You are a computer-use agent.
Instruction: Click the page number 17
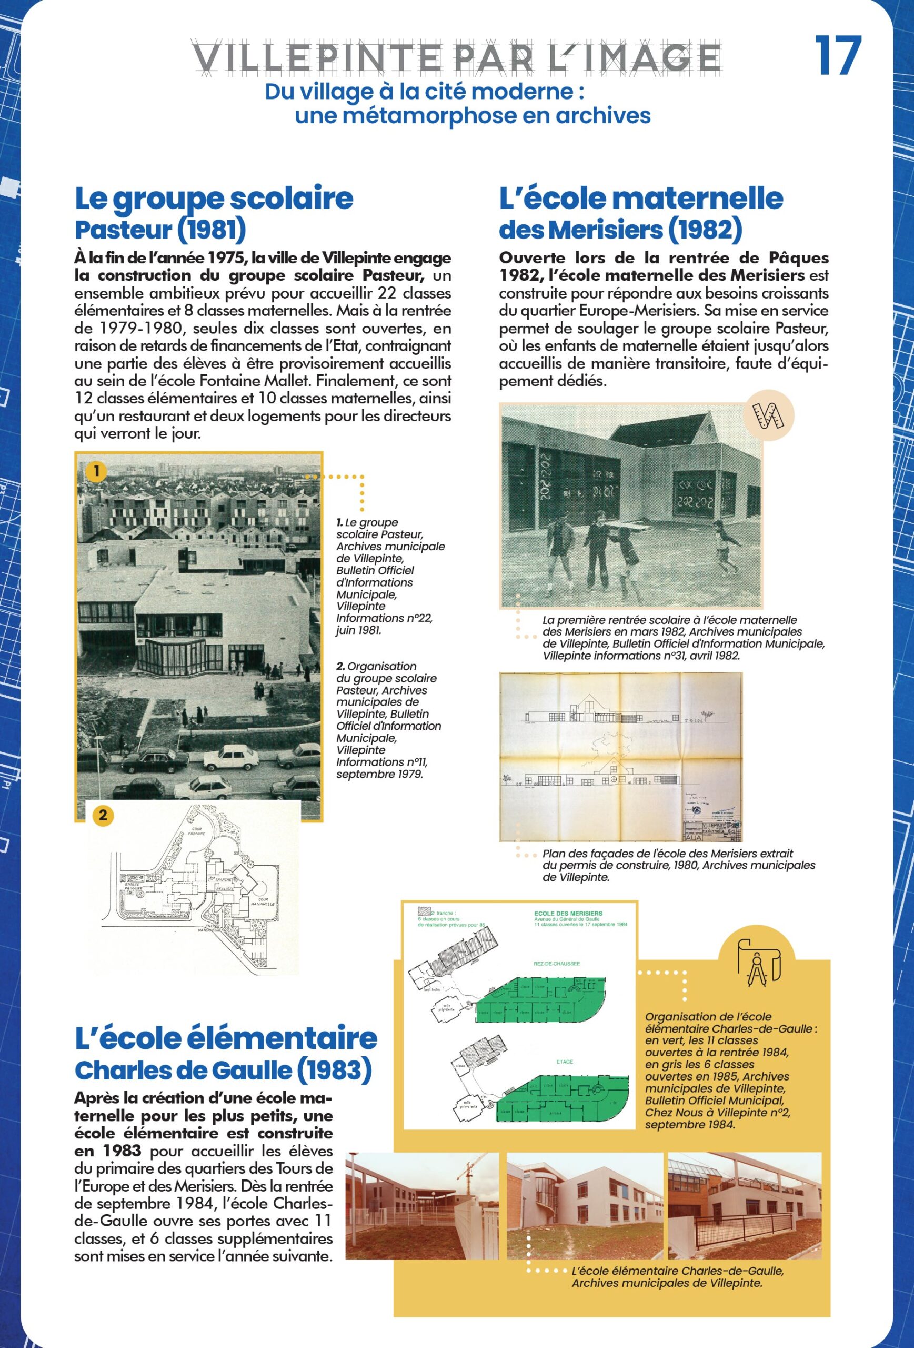[x=838, y=56]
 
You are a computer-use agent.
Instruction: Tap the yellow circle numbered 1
[x=96, y=471]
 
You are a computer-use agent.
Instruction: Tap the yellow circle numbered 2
[x=103, y=815]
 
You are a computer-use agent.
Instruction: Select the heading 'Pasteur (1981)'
[x=160, y=230]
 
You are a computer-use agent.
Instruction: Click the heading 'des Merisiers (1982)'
[x=620, y=230]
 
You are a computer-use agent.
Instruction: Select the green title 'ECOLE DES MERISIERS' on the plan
[x=568, y=914]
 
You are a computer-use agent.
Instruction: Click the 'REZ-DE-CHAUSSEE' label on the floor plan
[x=556, y=964]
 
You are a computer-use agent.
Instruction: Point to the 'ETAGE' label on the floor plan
[x=565, y=1062]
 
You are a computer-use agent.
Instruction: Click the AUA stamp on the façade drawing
[x=693, y=837]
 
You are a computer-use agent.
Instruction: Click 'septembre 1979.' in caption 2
[x=379, y=775]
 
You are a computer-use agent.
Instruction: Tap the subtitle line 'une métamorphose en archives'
[x=473, y=115]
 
